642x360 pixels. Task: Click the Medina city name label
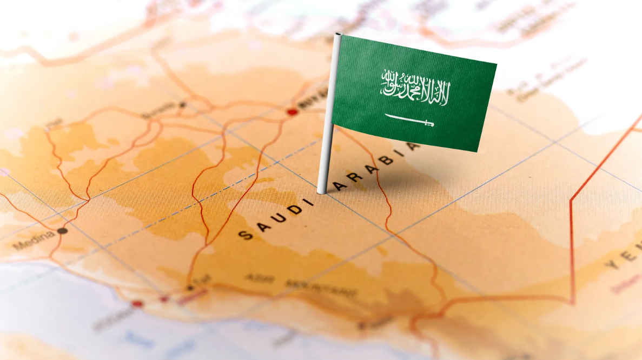[34, 241]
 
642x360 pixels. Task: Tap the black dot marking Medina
[62, 231]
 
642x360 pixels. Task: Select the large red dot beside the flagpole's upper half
[293, 112]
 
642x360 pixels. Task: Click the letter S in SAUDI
[246, 235]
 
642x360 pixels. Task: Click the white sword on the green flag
[409, 121]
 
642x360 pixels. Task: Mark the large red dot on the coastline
[137, 304]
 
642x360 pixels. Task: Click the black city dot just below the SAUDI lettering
[190, 288]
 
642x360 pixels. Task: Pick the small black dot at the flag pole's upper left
[182, 105]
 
